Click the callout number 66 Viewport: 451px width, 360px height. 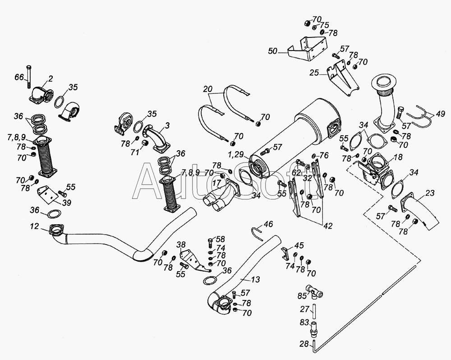(18, 78)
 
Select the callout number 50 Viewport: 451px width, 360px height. (273, 52)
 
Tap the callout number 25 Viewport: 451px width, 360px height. (314, 72)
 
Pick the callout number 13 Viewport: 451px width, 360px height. (255, 280)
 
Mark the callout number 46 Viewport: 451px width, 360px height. (268, 224)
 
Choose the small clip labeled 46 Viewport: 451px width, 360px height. (257, 231)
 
